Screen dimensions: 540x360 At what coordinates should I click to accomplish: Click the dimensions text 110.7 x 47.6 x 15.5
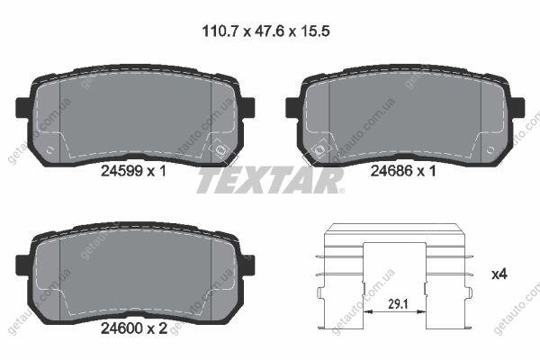pyautogui.click(x=265, y=31)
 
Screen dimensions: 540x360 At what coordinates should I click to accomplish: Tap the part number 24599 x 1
pyautogui.click(x=133, y=171)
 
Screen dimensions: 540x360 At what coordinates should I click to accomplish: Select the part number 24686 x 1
pyautogui.click(x=403, y=171)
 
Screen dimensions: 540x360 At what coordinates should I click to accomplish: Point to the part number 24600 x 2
pyautogui.click(x=134, y=328)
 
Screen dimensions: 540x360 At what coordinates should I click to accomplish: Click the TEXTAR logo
pyautogui.click(x=270, y=181)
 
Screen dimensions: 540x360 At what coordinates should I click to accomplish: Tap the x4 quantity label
pyautogui.click(x=499, y=274)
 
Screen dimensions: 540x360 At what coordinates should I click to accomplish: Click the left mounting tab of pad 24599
pyautogui.click(x=22, y=107)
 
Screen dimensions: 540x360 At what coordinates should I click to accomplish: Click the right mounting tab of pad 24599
pyautogui.click(x=247, y=107)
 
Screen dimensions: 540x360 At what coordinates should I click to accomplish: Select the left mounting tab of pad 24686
pyautogui.click(x=292, y=107)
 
